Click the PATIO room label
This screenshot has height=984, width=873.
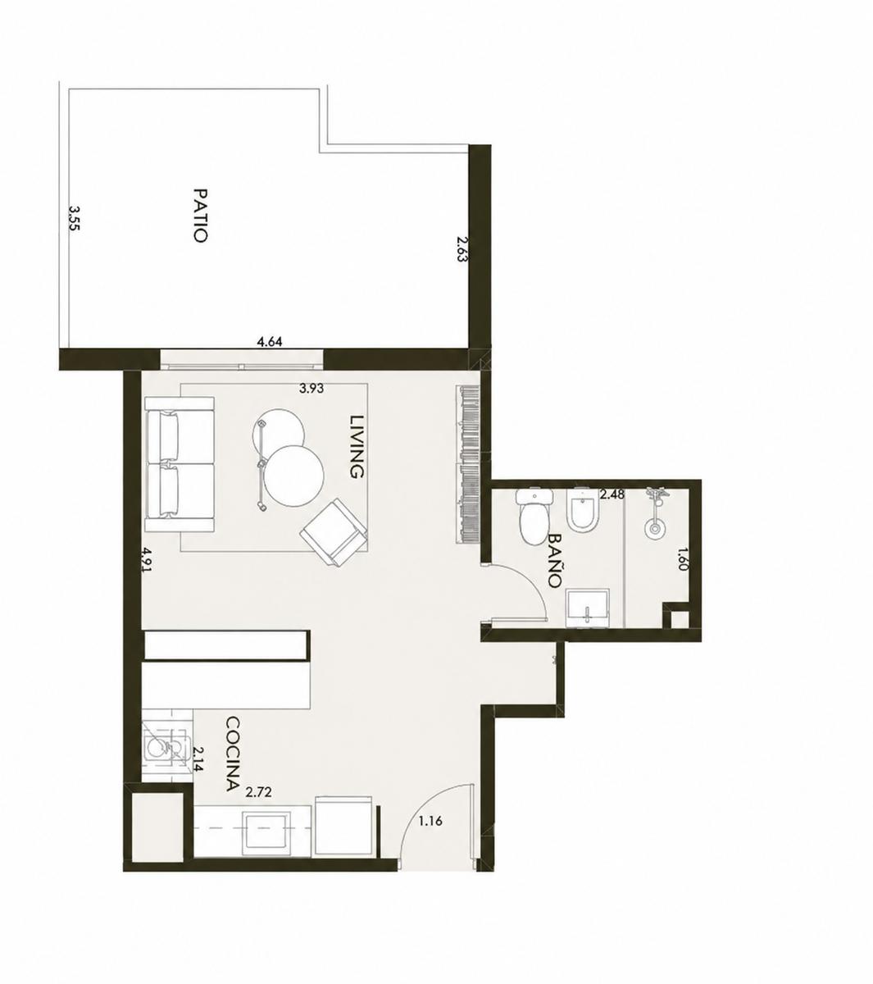pos(201,215)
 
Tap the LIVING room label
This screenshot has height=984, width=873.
pos(357,447)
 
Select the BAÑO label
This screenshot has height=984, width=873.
pos(554,561)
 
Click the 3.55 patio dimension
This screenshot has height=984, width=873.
pos(74,219)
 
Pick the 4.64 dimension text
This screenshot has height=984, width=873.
pos(269,342)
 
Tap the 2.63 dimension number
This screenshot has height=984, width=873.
pos(462,249)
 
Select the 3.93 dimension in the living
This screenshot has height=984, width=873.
pos(311,389)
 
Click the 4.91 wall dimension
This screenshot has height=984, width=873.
pos(146,561)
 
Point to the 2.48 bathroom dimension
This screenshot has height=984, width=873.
pos(612,494)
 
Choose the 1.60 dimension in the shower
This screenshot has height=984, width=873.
pos(683,558)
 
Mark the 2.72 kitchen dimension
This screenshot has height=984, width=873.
pos(258,807)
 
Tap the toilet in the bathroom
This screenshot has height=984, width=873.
pos(533,516)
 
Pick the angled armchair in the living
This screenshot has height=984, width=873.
pos(334,532)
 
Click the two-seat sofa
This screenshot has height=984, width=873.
pos(180,464)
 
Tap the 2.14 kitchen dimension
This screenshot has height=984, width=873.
pos(198,759)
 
